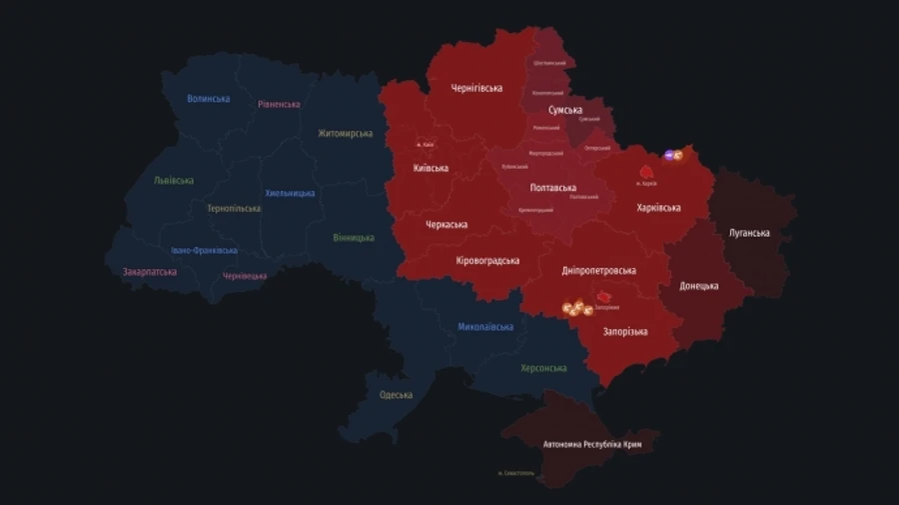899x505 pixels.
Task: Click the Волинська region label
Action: tap(208, 99)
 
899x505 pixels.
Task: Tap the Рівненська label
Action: tap(279, 104)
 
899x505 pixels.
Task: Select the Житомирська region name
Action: tap(345, 133)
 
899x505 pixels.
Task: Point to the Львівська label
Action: tap(174, 181)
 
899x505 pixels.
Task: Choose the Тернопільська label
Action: tap(234, 209)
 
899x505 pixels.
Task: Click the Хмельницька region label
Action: tap(290, 193)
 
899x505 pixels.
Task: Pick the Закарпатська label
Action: tap(150, 272)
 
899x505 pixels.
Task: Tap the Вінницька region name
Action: tap(354, 238)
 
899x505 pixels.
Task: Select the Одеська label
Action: tap(396, 395)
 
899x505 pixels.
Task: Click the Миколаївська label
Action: tap(485, 327)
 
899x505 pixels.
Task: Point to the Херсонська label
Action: tap(543, 368)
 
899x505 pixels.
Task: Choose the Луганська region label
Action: tap(749, 233)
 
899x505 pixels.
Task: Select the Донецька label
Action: tap(699, 286)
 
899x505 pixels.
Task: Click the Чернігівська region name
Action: tap(476, 88)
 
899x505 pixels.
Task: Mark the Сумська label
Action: tap(565, 110)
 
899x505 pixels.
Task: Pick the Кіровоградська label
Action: tap(487, 261)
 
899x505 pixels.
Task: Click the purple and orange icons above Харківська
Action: tap(673, 155)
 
